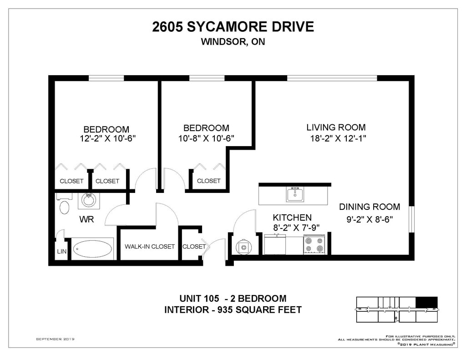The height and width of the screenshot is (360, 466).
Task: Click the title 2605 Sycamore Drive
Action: point(233,27)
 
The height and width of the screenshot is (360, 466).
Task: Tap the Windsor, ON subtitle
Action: point(233,41)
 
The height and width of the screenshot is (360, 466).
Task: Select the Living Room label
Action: point(336,127)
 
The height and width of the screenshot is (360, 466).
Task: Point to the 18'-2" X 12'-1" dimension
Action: point(338,138)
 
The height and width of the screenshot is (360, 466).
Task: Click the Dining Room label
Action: point(370,207)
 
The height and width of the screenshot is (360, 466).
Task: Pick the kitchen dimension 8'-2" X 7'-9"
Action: point(296,228)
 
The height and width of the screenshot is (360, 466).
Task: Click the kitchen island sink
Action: point(295,195)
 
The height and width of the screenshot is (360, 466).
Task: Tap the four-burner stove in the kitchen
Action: point(314,244)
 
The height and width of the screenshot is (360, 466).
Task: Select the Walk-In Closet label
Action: point(149,246)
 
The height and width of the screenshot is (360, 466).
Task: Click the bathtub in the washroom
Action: point(92,249)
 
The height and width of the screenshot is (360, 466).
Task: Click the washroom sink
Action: point(89,201)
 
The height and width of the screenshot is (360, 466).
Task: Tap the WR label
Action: point(86,219)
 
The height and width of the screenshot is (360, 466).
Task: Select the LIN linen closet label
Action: point(61,252)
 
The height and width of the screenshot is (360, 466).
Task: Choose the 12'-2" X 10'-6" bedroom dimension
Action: point(108,138)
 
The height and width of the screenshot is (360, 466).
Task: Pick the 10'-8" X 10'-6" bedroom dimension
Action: point(206,138)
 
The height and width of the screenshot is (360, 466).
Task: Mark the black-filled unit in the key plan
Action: point(426,302)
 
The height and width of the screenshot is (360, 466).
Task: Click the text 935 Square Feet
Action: point(259,310)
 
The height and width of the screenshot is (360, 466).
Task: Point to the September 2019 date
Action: point(55,339)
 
